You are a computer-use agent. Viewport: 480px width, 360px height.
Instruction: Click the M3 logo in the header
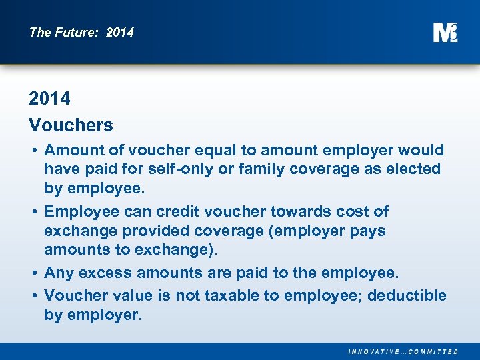point(445,31)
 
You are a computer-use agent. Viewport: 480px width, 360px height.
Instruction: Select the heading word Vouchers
point(71,125)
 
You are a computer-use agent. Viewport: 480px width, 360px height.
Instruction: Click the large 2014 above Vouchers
point(49,99)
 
